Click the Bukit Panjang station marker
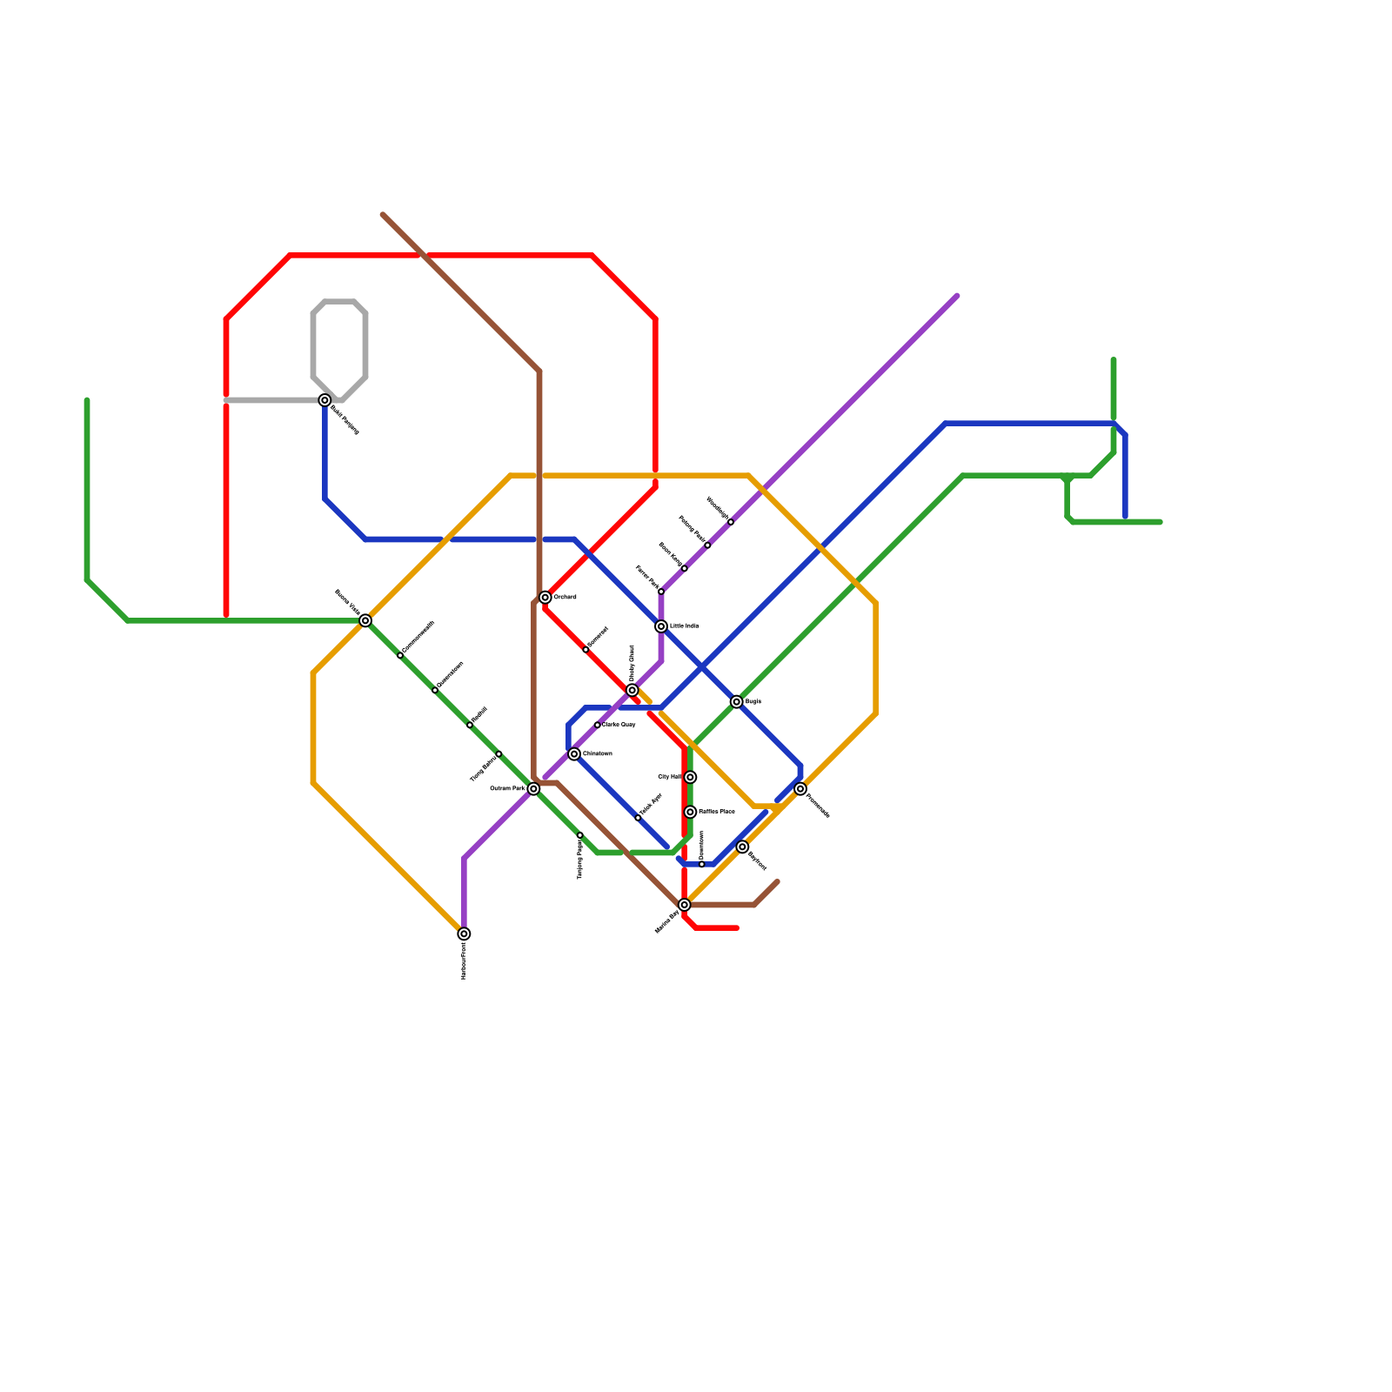tap(325, 400)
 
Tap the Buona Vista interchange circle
tap(365, 620)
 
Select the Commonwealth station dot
tap(400, 655)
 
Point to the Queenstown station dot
tap(435, 690)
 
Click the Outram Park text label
tap(507, 789)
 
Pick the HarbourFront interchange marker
tap(464, 934)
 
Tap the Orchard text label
tap(565, 598)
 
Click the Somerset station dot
tap(586, 650)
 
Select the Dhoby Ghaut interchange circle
tap(632, 690)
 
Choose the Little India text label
tap(685, 626)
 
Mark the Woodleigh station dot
tap(731, 522)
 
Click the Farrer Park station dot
tap(661, 592)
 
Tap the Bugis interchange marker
tap(737, 702)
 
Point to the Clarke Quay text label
tap(619, 725)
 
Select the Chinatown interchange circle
tap(574, 754)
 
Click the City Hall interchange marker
tap(690, 777)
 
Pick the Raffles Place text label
tap(717, 812)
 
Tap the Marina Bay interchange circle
tap(685, 905)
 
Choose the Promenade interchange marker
tap(800, 789)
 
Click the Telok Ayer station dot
tap(638, 818)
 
